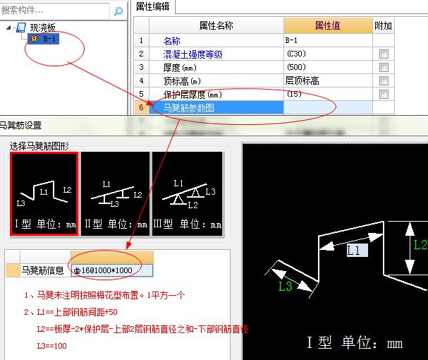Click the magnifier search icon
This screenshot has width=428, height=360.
click(119, 11)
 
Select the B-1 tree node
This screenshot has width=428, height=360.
click(49, 40)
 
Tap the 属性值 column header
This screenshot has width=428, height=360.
click(328, 25)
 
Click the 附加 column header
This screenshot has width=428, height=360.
click(383, 25)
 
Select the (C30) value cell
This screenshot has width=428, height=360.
click(328, 54)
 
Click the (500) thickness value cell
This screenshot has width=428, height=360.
click(328, 68)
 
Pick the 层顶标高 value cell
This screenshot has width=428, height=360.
click(328, 81)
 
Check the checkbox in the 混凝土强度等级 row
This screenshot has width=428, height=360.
click(384, 54)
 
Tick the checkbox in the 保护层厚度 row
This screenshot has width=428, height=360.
click(384, 95)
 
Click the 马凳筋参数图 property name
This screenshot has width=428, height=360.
click(189, 107)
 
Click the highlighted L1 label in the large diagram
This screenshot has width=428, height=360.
click(354, 249)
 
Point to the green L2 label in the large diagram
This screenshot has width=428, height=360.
click(420, 246)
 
